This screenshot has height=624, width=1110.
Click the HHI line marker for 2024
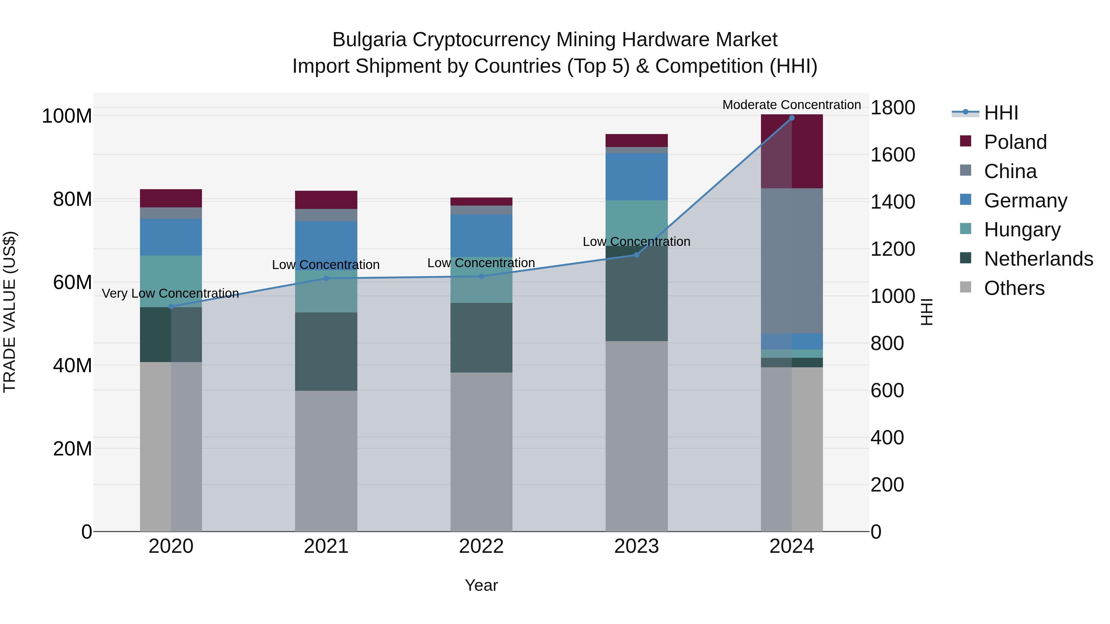point(791,118)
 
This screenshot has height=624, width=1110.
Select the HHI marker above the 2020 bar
point(171,307)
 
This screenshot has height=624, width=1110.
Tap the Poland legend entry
point(1015,142)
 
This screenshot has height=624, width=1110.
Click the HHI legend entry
point(1001,113)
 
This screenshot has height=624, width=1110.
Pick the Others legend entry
point(1014,288)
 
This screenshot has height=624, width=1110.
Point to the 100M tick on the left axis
point(67,116)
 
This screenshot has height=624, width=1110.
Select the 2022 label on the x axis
point(481,546)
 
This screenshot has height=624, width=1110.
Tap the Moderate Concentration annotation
point(791,105)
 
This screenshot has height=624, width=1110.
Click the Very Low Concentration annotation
point(170,293)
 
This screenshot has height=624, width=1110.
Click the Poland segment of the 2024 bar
point(791,151)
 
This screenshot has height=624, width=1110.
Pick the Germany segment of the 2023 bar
point(636,177)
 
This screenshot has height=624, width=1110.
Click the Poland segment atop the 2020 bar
point(171,198)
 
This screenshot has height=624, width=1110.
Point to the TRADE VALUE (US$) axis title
point(10,312)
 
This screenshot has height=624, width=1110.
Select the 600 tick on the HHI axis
point(887,391)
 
